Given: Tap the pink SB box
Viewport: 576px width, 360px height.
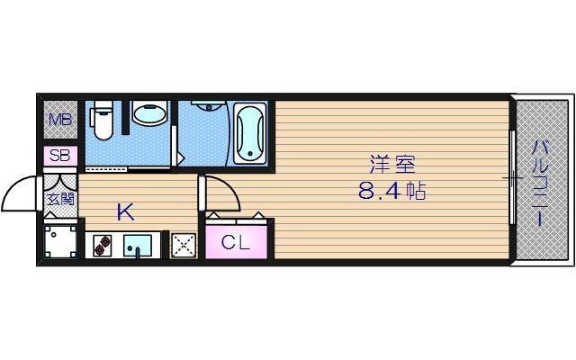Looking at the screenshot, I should point(60,155).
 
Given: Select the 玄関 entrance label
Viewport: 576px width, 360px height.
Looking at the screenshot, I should point(60,198).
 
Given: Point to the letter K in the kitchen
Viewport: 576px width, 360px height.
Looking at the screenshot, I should point(125,212).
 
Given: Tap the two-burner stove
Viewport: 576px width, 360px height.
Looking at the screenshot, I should point(101,245).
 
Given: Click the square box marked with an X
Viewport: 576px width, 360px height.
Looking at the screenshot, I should point(184,245).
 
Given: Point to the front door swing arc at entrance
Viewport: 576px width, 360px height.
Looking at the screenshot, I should point(20,190).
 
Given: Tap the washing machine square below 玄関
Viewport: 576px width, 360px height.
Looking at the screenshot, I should point(61,241).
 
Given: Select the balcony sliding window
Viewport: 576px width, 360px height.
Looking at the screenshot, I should point(511,180).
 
